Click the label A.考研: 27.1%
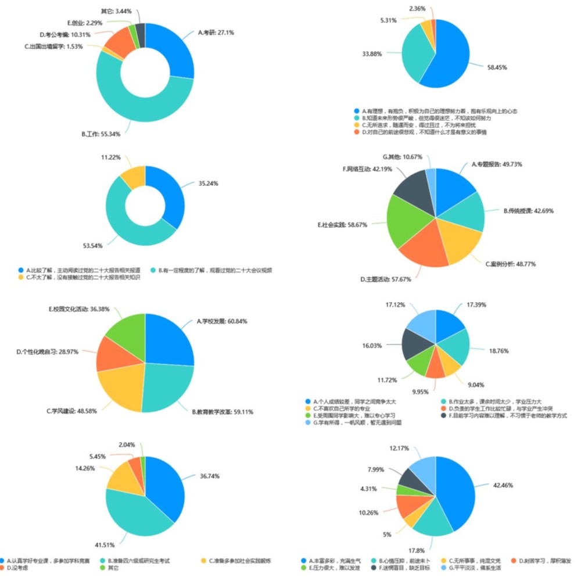coord(216,33)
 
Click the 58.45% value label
coord(497,67)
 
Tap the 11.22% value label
coord(113,157)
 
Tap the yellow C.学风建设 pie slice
coord(119,386)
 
